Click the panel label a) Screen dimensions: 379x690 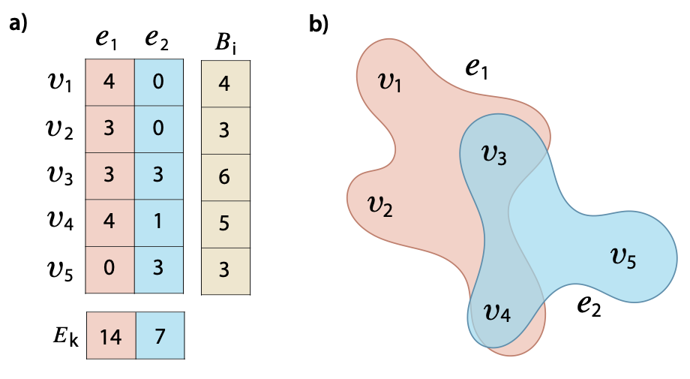[18, 24]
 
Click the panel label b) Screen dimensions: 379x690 [319, 24]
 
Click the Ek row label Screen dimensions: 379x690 [62, 336]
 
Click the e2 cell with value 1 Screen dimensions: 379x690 [159, 223]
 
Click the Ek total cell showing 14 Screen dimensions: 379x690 [110, 336]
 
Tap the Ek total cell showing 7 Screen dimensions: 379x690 [159, 336]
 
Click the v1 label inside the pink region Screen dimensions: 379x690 [389, 81]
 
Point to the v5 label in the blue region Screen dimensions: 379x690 [623, 259]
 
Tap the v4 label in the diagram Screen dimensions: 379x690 [497, 311]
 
